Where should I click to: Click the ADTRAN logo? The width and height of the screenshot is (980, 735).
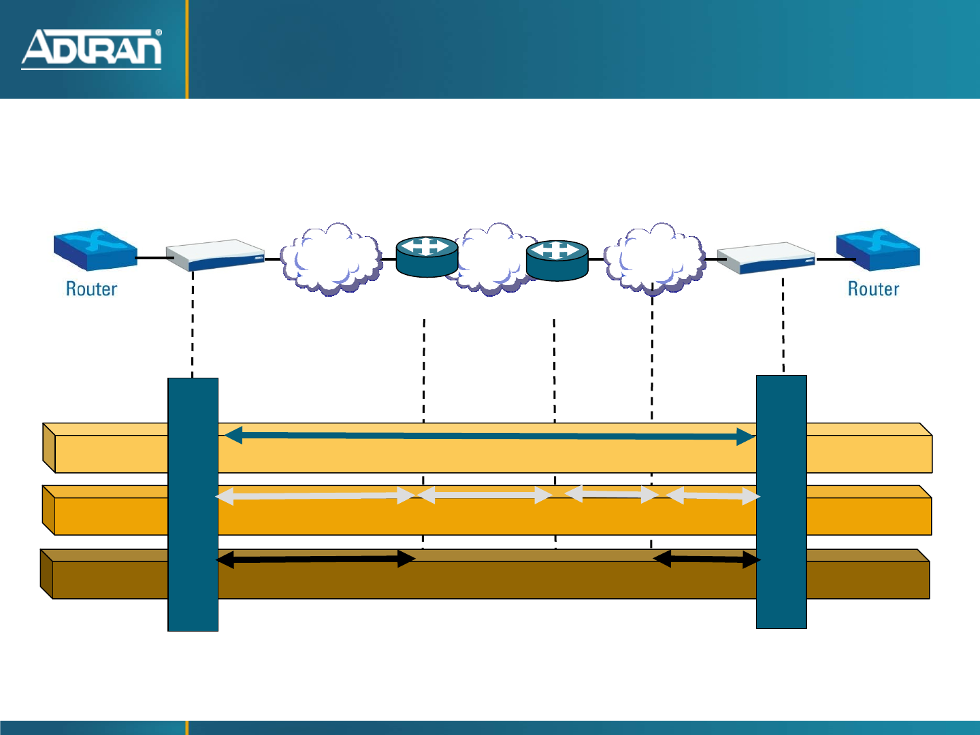pos(91,49)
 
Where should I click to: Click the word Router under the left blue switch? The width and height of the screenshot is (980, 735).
pos(91,289)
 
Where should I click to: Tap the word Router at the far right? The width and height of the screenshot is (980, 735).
pos(873,289)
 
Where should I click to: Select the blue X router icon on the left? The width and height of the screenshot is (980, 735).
pos(95,250)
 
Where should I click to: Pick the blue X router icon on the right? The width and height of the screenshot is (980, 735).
pos(878,250)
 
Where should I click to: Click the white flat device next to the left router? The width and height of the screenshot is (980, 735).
pos(215,255)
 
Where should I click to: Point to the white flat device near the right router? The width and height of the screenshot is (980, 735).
pos(766,258)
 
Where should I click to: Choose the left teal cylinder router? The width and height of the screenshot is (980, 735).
pos(427,257)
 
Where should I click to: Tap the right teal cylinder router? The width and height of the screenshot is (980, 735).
pos(557,260)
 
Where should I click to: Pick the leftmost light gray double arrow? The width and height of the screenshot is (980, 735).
pos(314,496)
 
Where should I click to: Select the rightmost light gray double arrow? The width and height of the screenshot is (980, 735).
pos(713,496)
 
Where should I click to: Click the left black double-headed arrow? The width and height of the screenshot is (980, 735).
pos(315,559)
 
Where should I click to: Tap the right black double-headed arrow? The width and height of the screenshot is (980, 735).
pos(706,559)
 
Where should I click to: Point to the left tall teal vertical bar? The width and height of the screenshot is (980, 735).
pos(193,504)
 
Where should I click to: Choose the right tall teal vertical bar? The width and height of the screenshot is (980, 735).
pos(781,502)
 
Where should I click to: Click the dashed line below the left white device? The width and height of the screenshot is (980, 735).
pos(193,323)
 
